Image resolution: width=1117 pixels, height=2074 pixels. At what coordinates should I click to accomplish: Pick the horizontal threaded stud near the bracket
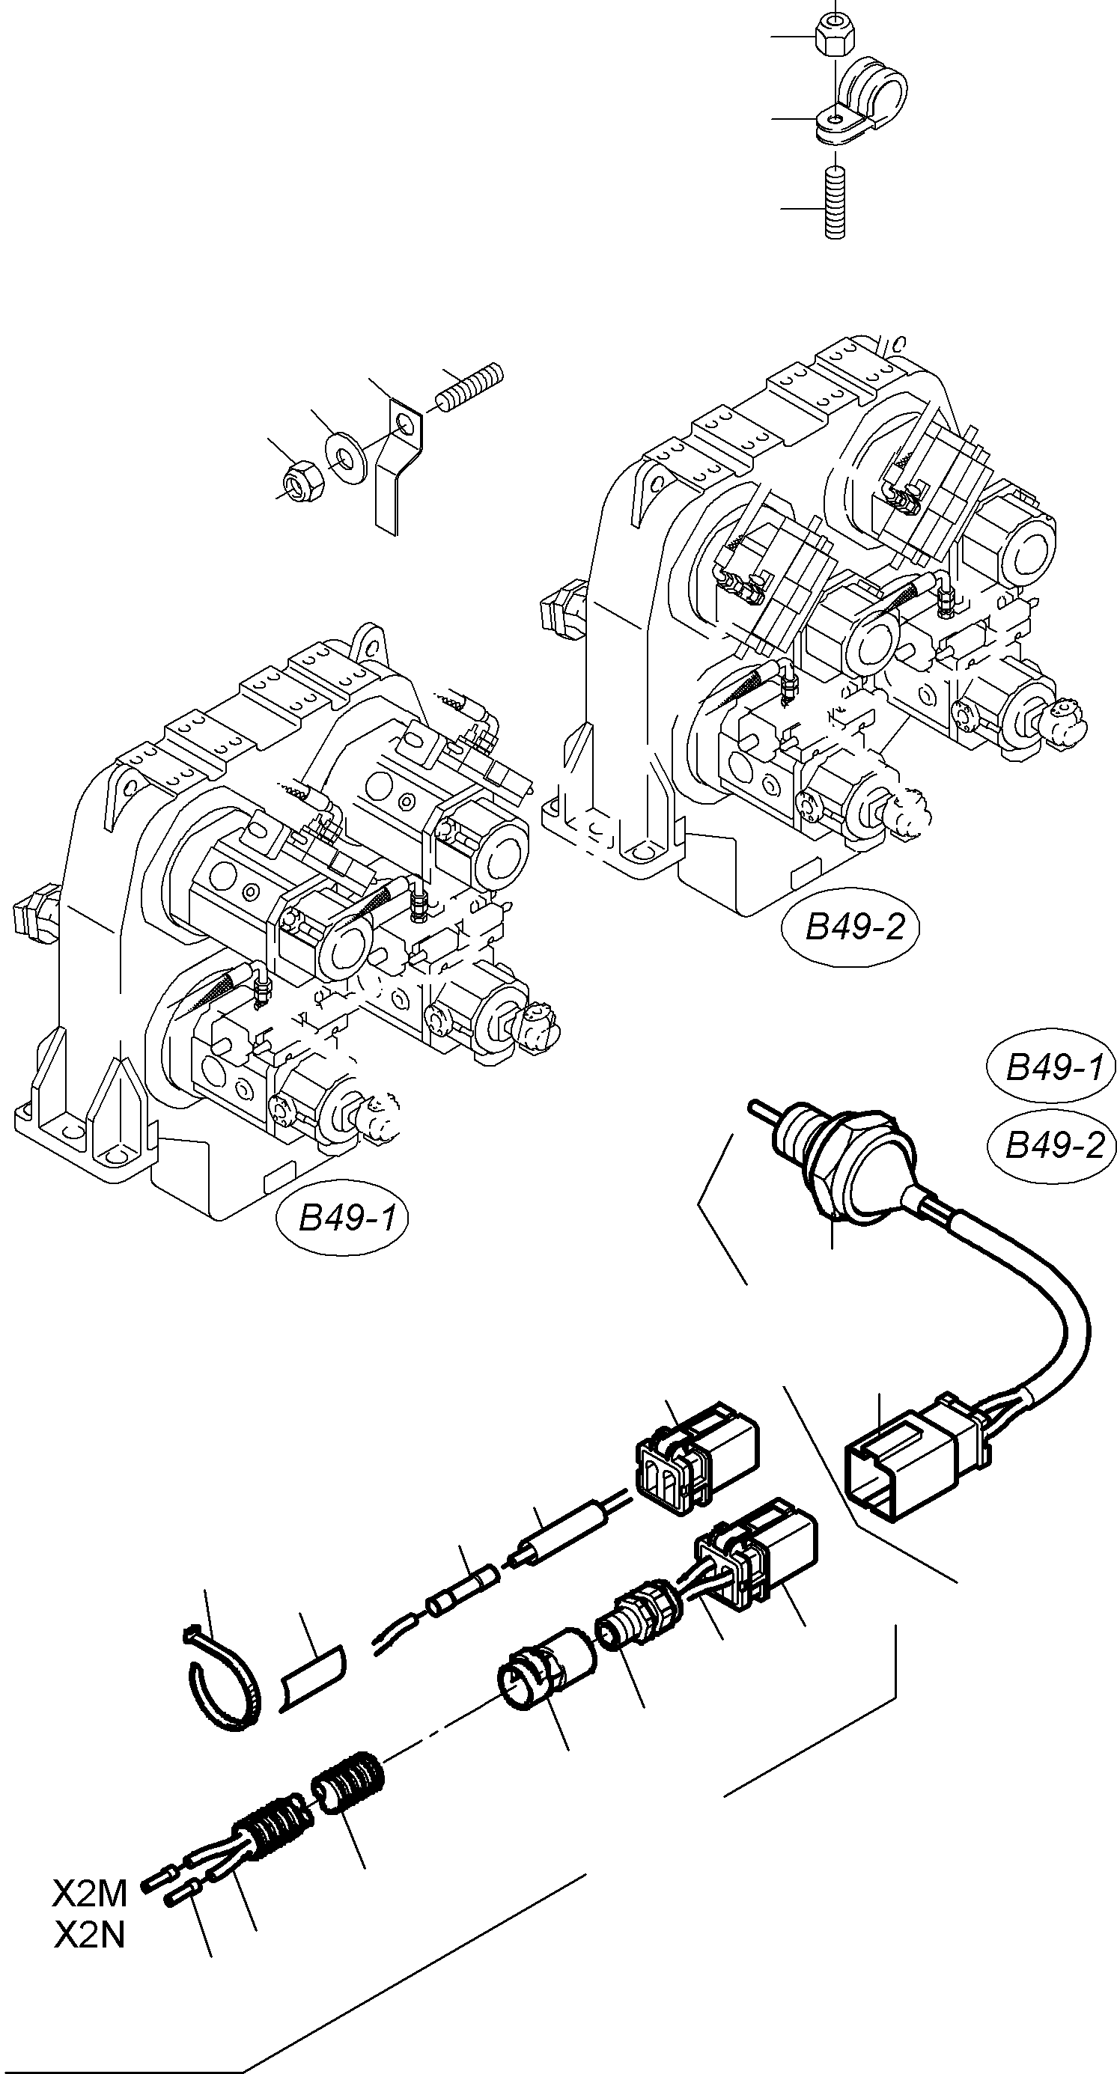coord(470,386)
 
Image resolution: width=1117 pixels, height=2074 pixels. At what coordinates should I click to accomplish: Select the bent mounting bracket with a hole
coord(398,463)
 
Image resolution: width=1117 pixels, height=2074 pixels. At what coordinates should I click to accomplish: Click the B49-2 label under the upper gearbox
coord(850,928)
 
